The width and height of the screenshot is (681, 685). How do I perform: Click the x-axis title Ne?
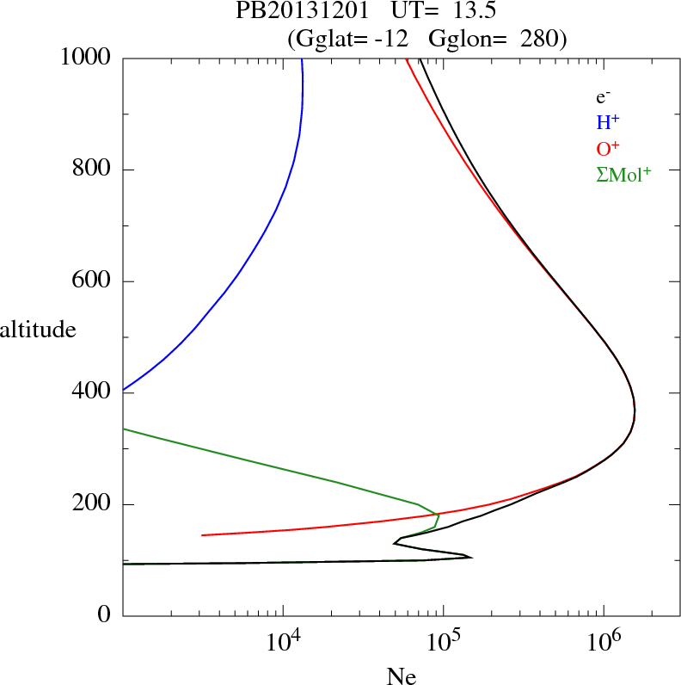click(x=401, y=676)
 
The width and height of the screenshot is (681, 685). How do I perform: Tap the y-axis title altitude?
click(x=38, y=329)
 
